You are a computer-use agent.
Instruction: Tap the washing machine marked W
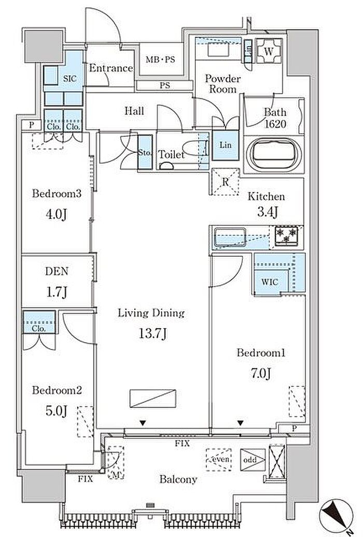click(x=269, y=51)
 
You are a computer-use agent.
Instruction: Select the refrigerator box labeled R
click(x=225, y=182)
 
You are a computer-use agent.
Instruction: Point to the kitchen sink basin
click(x=230, y=236)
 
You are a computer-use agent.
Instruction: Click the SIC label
click(x=69, y=78)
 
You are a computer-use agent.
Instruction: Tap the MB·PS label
click(x=160, y=60)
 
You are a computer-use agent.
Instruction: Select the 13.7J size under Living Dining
click(x=152, y=333)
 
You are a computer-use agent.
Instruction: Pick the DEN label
click(x=57, y=271)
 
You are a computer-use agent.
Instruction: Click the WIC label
click(x=270, y=282)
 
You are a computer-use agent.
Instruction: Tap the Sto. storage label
click(x=145, y=153)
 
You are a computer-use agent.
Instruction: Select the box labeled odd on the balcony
click(x=253, y=460)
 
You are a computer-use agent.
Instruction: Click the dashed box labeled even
click(x=219, y=460)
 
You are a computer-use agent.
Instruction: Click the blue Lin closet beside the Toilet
click(x=225, y=145)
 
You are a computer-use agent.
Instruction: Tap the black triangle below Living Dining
click(x=143, y=424)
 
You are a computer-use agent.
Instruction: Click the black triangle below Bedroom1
click(x=241, y=423)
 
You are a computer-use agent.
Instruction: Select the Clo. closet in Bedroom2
click(x=39, y=322)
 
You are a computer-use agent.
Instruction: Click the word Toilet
click(x=171, y=154)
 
